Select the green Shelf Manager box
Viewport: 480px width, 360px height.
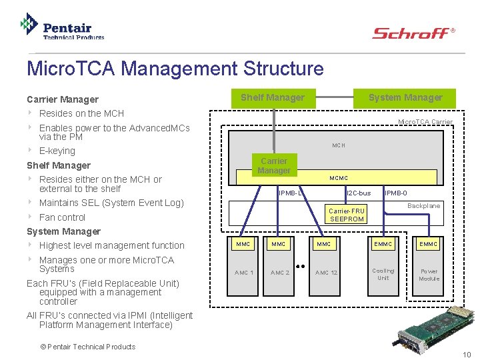[x=273, y=98]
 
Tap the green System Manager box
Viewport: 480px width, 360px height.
[x=405, y=98]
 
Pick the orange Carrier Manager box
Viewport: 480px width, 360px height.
[x=274, y=166]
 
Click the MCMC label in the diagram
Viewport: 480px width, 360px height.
[x=339, y=178]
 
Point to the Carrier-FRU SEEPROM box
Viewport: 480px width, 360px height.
[x=347, y=215]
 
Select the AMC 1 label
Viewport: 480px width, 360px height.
[x=244, y=273]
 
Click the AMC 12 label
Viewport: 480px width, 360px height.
[x=326, y=273]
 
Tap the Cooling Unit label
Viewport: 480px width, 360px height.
[x=383, y=274]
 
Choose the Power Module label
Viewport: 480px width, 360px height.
[x=429, y=275]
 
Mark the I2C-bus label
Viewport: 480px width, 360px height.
[x=359, y=193]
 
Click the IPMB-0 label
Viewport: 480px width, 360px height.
[x=396, y=193]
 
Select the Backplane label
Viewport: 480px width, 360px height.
[x=423, y=206]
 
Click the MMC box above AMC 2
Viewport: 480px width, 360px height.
[x=279, y=245]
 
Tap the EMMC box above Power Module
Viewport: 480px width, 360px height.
[x=428, y=245]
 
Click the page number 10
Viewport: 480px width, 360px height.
[x=467, y=354]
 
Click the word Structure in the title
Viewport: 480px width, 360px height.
[x=283, y=69]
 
